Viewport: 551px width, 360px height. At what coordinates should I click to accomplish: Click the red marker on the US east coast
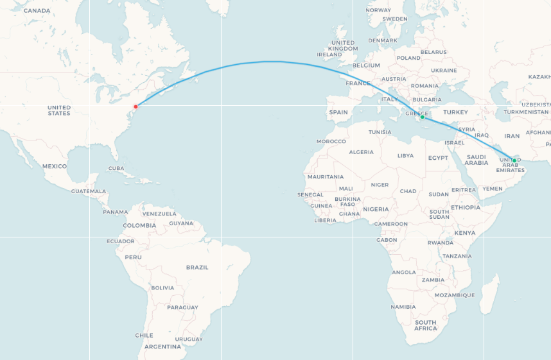(136, 107)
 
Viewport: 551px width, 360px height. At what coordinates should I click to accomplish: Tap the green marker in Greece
(422, 117)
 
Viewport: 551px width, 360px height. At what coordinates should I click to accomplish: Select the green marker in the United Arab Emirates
(514, 160)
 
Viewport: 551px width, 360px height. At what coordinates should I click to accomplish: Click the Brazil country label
(197, 267)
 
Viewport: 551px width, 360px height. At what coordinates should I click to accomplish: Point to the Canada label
(37, 10)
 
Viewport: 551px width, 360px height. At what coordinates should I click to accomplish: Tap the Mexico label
(55, 166)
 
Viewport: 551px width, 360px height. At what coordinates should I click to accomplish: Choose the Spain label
(338, 112)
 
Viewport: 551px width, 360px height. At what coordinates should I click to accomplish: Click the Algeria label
(361, 152)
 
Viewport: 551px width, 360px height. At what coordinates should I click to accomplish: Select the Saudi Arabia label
(477, 160)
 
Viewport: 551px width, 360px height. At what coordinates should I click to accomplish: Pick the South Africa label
(425, 325)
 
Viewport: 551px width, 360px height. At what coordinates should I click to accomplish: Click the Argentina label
(162, 347)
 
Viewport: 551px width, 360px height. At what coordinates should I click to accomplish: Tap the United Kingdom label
(343, 46)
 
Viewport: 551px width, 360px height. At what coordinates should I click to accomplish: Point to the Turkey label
(455, 112)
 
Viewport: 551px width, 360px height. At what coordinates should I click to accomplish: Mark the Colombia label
(139, 225)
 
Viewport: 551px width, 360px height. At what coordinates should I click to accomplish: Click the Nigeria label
(376, 209)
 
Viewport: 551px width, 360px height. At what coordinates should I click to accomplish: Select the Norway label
(378, 10)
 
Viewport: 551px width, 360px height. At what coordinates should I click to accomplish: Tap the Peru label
(133, 257)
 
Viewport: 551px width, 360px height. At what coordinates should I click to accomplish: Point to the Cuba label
(116, 168)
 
